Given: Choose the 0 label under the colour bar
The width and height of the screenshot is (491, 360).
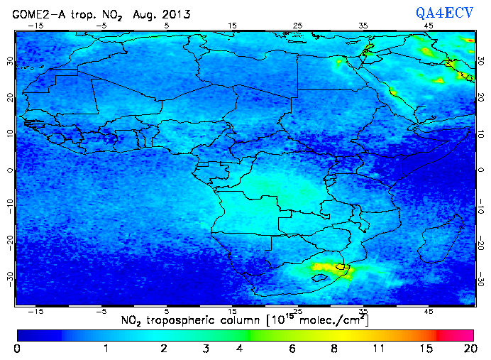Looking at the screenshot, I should [18, 349].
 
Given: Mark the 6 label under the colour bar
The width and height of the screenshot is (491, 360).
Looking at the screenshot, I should [292, 349].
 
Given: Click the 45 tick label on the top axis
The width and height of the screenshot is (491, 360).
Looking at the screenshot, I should [429, 26].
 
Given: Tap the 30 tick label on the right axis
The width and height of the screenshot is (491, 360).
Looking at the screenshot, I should [482, 62].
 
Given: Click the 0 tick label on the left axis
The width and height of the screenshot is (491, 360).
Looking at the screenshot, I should [9, 170].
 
